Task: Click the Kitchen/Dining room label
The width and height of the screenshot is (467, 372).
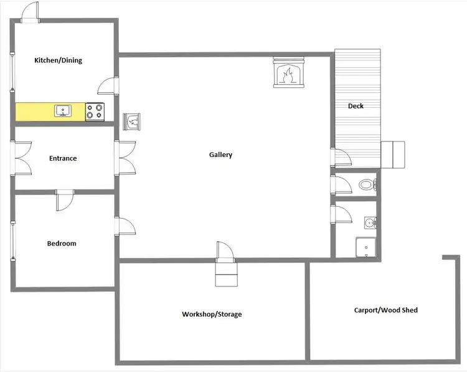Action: coord(58,60)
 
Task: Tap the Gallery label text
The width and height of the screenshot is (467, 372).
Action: coord(220,155)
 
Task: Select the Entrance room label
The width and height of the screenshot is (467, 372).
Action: coord(63,158)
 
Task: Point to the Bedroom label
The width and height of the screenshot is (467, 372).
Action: coord(62,243)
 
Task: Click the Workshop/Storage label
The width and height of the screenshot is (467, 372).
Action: coord(212,314)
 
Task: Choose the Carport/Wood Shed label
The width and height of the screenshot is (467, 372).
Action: coord(385,310)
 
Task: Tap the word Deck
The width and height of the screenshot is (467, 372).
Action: coord(356,106)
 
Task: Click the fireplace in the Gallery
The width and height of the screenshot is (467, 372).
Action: coord(287,72)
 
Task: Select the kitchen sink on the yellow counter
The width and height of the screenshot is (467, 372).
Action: coord(63,112)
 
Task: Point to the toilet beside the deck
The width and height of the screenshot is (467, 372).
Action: coord(366,185)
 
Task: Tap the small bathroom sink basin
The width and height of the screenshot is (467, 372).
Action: coord(369,222)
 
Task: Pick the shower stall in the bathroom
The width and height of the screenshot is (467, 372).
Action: coord(366,247)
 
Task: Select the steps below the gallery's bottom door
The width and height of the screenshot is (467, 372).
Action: coord(226,274)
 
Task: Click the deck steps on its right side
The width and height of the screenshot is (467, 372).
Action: coord(393,155)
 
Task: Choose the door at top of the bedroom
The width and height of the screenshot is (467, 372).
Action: coord(65,201)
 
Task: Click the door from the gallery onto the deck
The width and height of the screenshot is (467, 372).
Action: coord(341,158)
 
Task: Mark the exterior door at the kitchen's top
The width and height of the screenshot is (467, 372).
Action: coord(30,12)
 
